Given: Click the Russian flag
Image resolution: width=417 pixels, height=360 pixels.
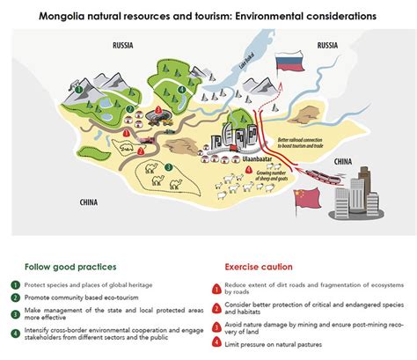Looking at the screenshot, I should click(x=290, y=63).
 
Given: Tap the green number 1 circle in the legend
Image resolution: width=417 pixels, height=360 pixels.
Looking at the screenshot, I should click(x=15, y=286).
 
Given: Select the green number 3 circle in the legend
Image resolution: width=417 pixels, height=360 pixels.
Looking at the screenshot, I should click(x=15, y=313).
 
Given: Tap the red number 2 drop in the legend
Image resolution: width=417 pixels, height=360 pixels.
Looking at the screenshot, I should click(x=215, y=305).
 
